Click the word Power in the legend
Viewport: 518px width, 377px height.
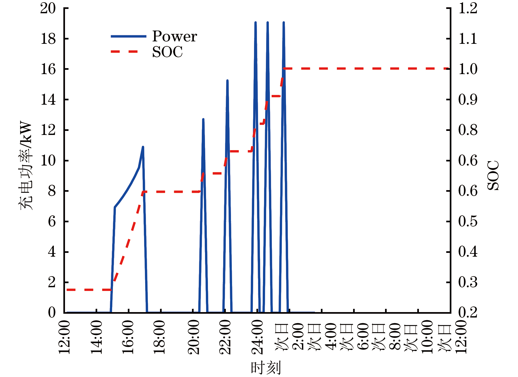pyautogui.click(x=174, y=36)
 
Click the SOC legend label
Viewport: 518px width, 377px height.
pyautogui.click(x=167, y=52)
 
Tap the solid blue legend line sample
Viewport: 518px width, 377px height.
pyautogui.click(x=128, y=36)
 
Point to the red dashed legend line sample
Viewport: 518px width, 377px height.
pyautogui.click(x=125, y=52)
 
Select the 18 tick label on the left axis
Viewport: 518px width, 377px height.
pyautogui.click(x=48, y=39)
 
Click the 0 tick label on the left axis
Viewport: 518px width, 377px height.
pyautogui.click(x=52, y=313)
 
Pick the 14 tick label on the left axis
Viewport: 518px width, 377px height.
pyautogui.click(x=48, y=100)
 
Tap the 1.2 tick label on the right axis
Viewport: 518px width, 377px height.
pyautogui.click(x=468, y=8)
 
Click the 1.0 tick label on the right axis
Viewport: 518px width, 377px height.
pyautogui.click(x=468, y=69)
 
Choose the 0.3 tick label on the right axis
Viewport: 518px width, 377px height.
pyautogui.click(x=468, y=282)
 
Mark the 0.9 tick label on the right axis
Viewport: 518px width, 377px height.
pyautogui.click(x=468, y=100)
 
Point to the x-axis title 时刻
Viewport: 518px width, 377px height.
pyautogui.click(x=266, y=368)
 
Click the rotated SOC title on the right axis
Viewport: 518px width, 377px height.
pyautogui.click(x=493, y=175)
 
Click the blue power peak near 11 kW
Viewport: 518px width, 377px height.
pyautogui.click(x=143, y=147)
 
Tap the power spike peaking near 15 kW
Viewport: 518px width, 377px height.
pyautogui.click(x=227, y=81)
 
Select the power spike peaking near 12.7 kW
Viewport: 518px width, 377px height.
pyautogui.click(x=203, y=120)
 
